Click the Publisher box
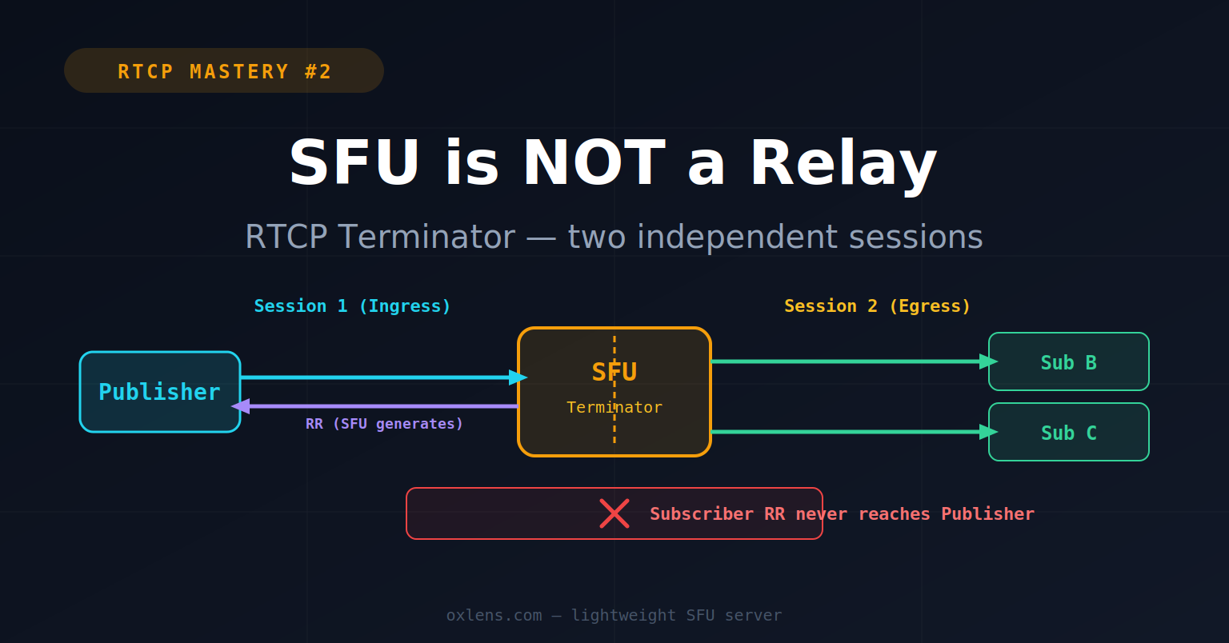160,392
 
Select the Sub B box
1069,361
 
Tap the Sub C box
1069,432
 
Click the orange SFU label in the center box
614,372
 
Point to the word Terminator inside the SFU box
614,407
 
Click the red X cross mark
614,513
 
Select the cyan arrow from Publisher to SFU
383,377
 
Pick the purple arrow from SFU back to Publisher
374,406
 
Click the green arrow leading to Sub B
855,361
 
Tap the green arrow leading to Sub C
855,432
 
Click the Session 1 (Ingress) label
352,306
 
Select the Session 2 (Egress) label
877,306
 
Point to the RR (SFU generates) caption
384,424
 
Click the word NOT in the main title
594,163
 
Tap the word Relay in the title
843,166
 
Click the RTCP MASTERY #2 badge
224,70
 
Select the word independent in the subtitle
738,237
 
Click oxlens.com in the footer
494,616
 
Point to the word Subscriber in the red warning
701,514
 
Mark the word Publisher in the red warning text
987,514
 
